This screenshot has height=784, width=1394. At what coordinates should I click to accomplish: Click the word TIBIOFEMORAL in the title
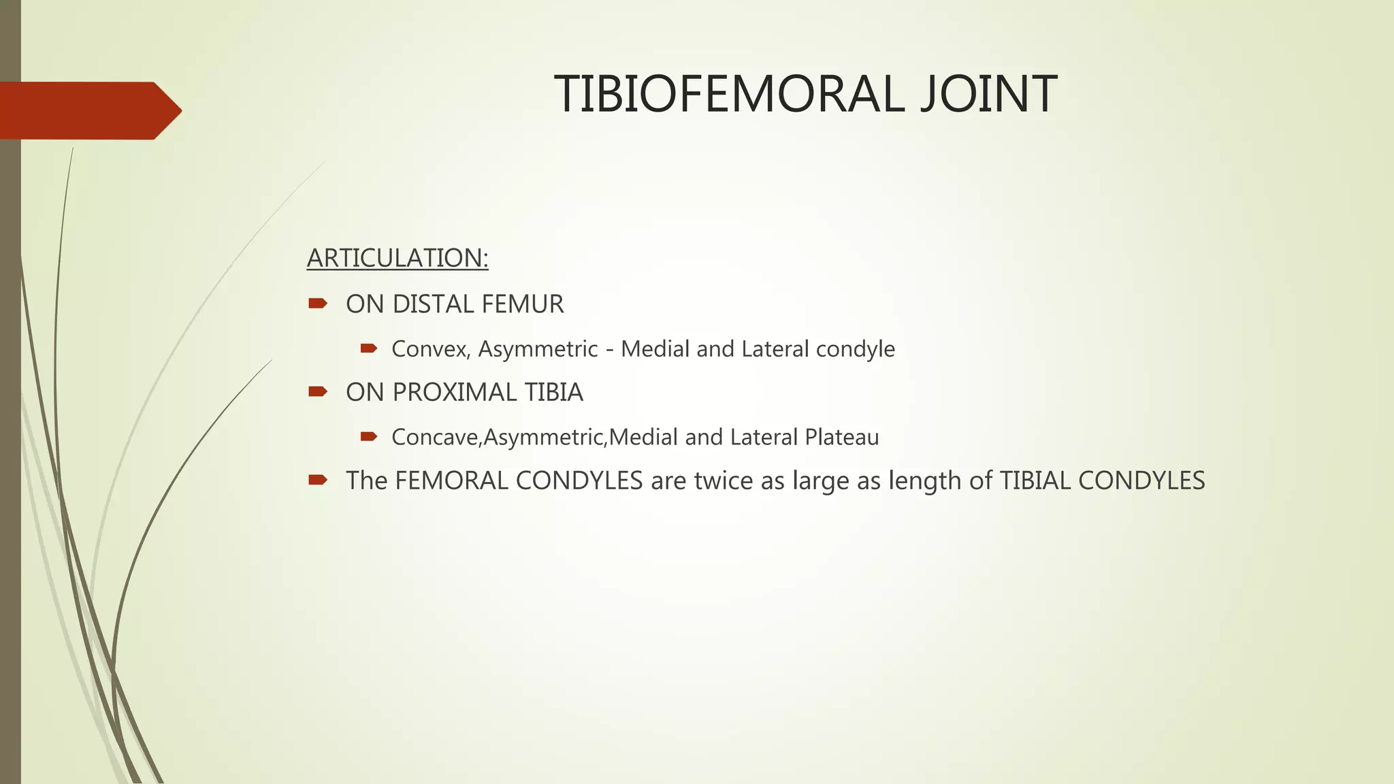(729, 94)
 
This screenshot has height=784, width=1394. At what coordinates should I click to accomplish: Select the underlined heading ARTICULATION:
(398, 259)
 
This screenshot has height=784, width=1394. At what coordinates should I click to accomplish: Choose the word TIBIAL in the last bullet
(1035, 481)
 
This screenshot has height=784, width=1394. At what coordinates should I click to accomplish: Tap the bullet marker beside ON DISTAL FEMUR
(317, 304)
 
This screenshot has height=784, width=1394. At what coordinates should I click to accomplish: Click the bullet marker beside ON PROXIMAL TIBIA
(317, 391)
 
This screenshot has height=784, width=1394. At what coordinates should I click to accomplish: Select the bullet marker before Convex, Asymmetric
(369, 348)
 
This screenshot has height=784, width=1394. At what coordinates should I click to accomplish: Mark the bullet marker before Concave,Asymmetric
(369, 436)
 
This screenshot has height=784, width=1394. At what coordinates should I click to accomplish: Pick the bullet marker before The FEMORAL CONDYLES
(317, 480)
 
